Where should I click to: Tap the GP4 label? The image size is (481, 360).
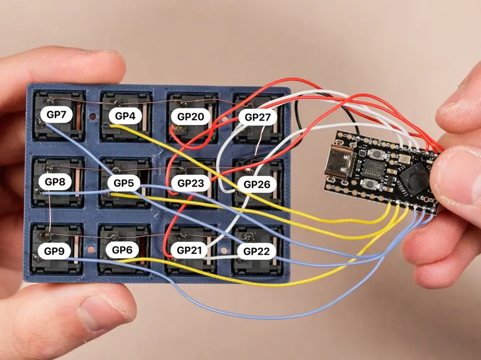tap(125, 116)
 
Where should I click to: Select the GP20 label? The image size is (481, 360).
tap(190, 116)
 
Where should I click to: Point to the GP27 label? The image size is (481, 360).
tap(257, 117)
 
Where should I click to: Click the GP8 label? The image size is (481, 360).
tap(55, 181)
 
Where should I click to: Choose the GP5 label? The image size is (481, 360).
tap(123, 182)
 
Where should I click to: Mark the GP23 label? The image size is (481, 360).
tap(190, 183)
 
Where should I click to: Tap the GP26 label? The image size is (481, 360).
tap(257, 185)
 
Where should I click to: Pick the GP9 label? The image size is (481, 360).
tap(54, 252)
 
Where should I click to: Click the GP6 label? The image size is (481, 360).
tap(122, 250)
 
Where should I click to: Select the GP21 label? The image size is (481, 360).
tap(190, 250)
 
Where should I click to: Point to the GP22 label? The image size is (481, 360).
tap(257, 251)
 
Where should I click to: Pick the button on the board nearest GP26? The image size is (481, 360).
tap(371, 185)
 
